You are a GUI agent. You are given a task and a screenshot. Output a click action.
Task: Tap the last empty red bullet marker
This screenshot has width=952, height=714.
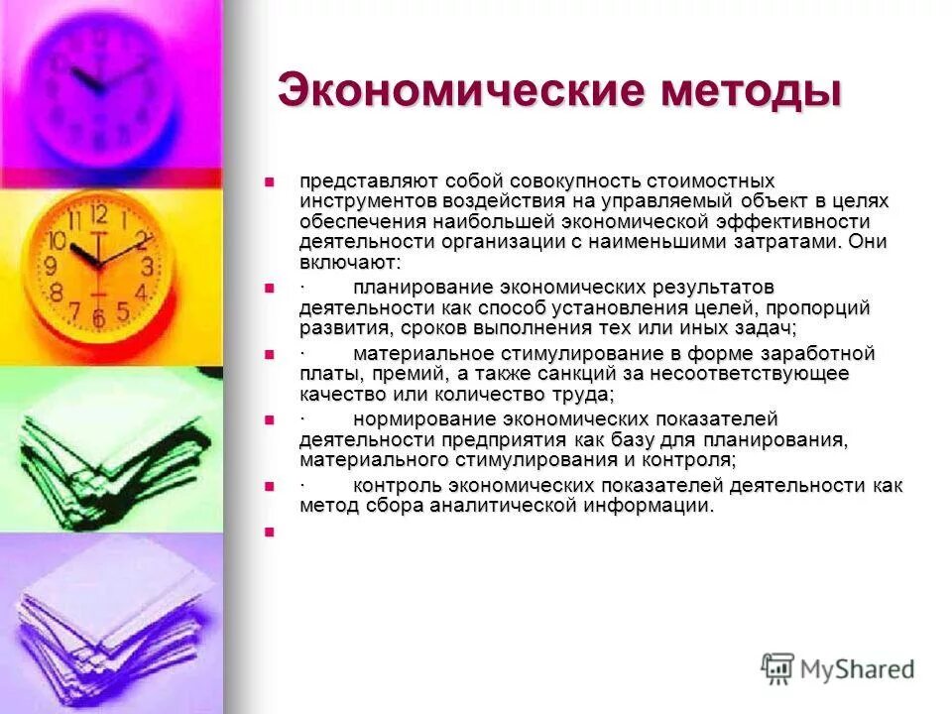[268, 533]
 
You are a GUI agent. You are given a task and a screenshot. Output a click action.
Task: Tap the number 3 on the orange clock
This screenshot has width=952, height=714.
[147, 266]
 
